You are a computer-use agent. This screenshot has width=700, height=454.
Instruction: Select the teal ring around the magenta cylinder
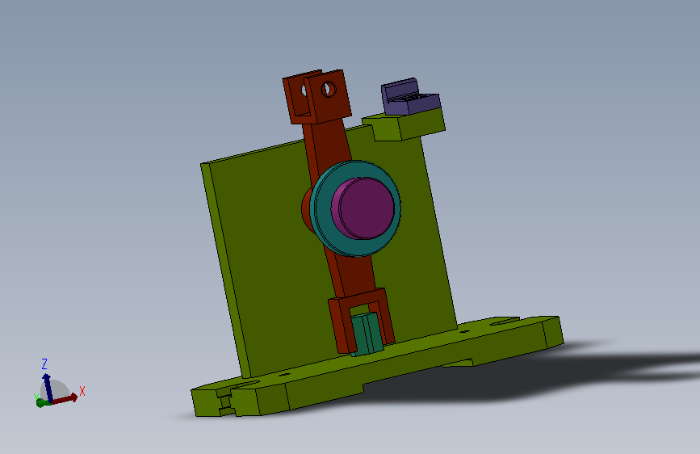[x=322, y=210]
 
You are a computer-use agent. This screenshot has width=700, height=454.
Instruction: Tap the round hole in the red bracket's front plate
[x=329, y=89]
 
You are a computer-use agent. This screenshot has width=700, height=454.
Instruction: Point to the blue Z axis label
[x=44, y=364]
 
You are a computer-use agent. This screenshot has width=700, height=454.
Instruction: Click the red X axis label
[x=82, y=392]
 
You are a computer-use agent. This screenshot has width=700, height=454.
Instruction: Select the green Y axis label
[x=36, y=397]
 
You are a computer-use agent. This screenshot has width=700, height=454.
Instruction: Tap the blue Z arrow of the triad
[x=48, y=388]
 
